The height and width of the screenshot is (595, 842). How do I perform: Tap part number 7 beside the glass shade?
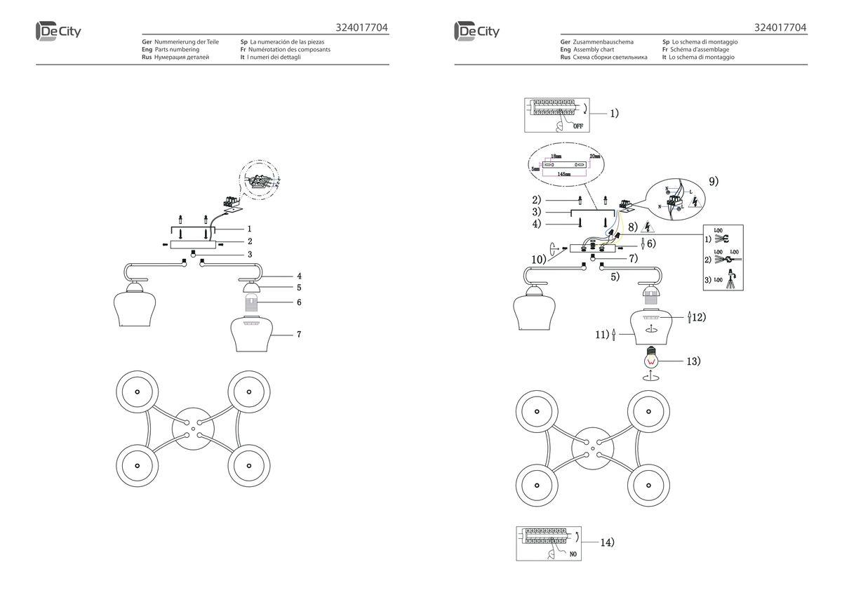tap(298, 335)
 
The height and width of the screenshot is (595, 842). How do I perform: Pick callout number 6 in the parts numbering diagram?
tap(298, 302)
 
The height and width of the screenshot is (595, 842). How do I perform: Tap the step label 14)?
tap(606, 542)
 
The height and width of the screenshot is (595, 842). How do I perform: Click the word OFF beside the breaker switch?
tap(577, 126)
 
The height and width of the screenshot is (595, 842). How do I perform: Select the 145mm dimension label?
tap(563, 173)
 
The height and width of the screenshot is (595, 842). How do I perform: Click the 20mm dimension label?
tap(596, 156)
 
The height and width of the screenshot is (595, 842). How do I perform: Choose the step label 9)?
tap(714, 181)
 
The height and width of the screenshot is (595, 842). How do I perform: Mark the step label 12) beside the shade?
tap(698, 317)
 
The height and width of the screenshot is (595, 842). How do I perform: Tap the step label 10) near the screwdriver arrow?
tap(539, 259)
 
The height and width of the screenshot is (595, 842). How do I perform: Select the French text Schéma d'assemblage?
tap(702, 50)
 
